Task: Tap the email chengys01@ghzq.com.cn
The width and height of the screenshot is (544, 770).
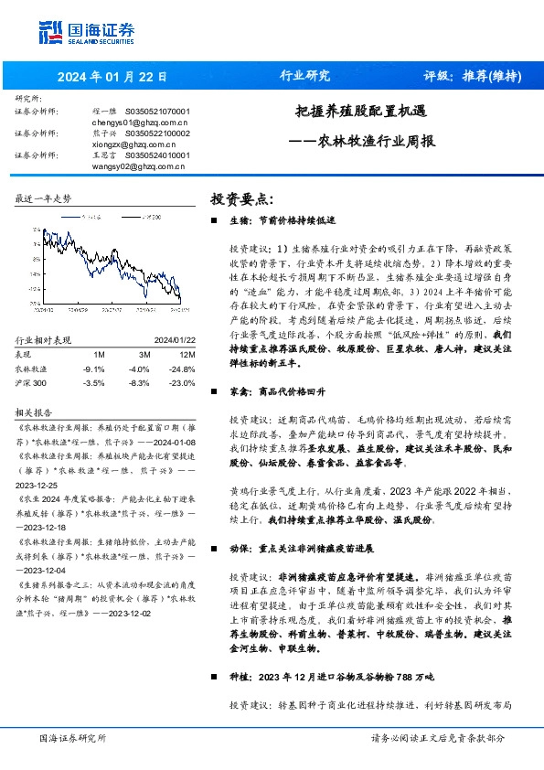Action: point(140,121)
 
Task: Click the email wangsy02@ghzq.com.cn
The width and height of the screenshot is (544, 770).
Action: point(140,166)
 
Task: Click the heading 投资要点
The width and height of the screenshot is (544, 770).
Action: point(242,198)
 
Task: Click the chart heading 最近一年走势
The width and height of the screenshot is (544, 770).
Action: point(44,198)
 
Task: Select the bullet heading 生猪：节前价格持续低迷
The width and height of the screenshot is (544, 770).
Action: point(283,221)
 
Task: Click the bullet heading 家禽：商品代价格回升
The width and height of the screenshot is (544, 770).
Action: point(278,390)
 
